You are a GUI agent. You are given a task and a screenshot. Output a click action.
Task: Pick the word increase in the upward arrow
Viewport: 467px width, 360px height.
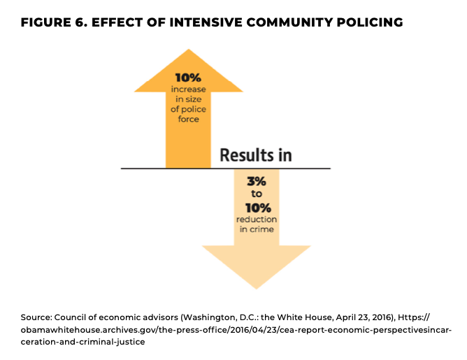(x=188, y=89)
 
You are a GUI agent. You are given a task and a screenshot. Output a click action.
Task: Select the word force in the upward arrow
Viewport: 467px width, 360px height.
(x=188, y=119)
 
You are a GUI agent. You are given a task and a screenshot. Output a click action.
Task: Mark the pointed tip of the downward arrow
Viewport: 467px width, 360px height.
(x=257, y=287)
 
